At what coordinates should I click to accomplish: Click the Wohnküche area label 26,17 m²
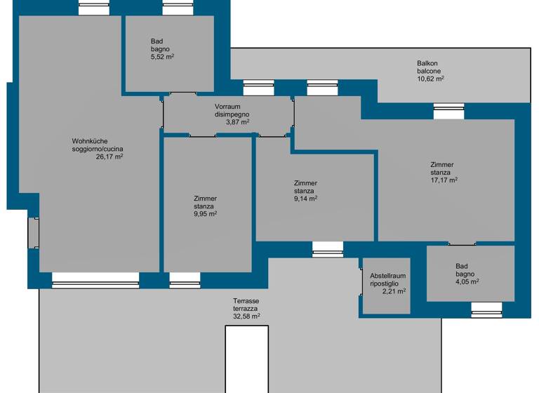coord(109,157)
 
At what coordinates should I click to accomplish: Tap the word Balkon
coord(427,63)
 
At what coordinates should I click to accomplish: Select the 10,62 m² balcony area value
coord(430,79)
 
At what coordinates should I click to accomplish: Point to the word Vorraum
coord(228,107)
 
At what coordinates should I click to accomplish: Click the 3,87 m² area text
coord(237,121)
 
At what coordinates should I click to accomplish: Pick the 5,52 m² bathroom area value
coord(162,56)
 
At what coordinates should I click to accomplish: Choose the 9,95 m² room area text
coord(205,213)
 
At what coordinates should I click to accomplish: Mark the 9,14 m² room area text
coord(305,198)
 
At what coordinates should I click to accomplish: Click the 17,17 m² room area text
coord(444,180)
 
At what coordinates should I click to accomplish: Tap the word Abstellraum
coord(387,276)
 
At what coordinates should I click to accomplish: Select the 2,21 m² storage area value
coord(394,291)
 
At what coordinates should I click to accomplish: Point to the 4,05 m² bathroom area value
coord(467,281)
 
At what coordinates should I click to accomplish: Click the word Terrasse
coord(246,301)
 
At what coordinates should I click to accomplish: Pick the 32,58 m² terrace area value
coord(246,316)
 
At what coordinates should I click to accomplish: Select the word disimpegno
coord(232,114)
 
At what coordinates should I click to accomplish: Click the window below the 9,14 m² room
coord(328,249)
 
